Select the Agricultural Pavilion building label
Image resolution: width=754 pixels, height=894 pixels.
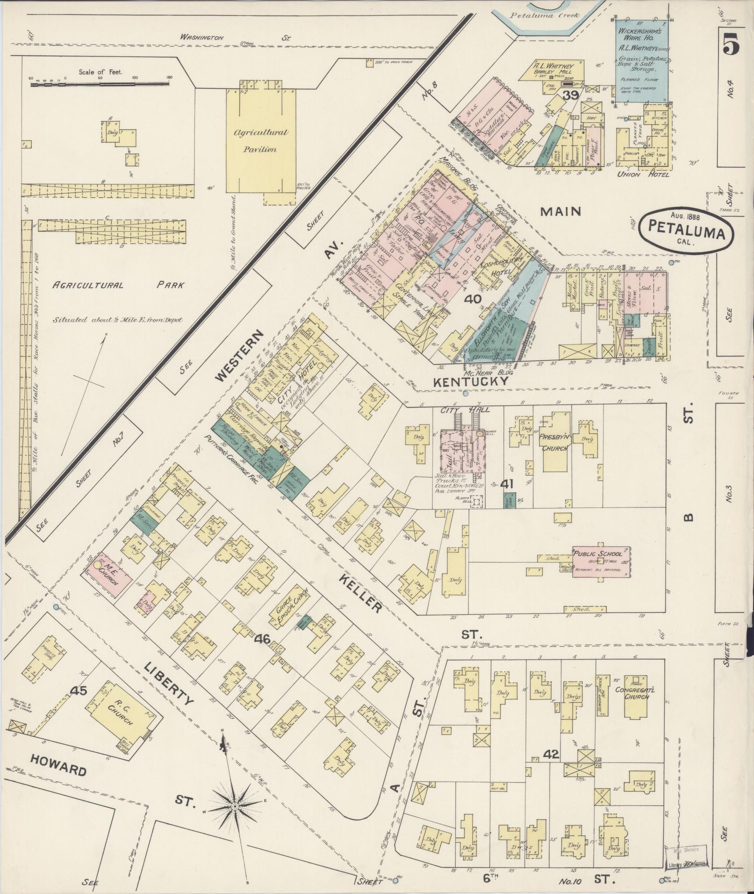tap(261, 141)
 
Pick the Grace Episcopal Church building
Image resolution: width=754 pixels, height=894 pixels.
tap(289, 606)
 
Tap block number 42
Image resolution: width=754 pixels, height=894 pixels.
tap(552, 754)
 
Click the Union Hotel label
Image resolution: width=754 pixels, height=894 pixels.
tap(643, 174)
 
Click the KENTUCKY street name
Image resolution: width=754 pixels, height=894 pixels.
tap(470, 382)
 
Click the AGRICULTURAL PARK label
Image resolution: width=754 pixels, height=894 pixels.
tap(118, 285)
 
